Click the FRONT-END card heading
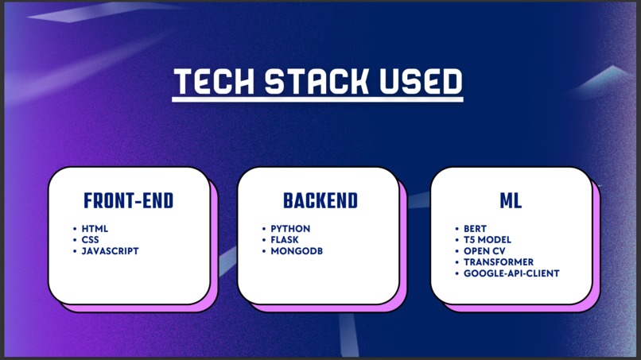coord(129,201)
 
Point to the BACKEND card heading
coord(320,201)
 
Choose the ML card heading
coord(511,201)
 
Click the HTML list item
coord(95,229)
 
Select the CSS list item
coord(91,240)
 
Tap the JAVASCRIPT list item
coord(110,251)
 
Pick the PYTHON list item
coord(290,229)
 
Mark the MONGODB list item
coord(296,251)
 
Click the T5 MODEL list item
coord(488,240)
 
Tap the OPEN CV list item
coord(484,251)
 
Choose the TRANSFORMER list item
coord(499,262)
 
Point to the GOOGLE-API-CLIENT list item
coord(511,273)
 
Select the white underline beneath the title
coord(317,99)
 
